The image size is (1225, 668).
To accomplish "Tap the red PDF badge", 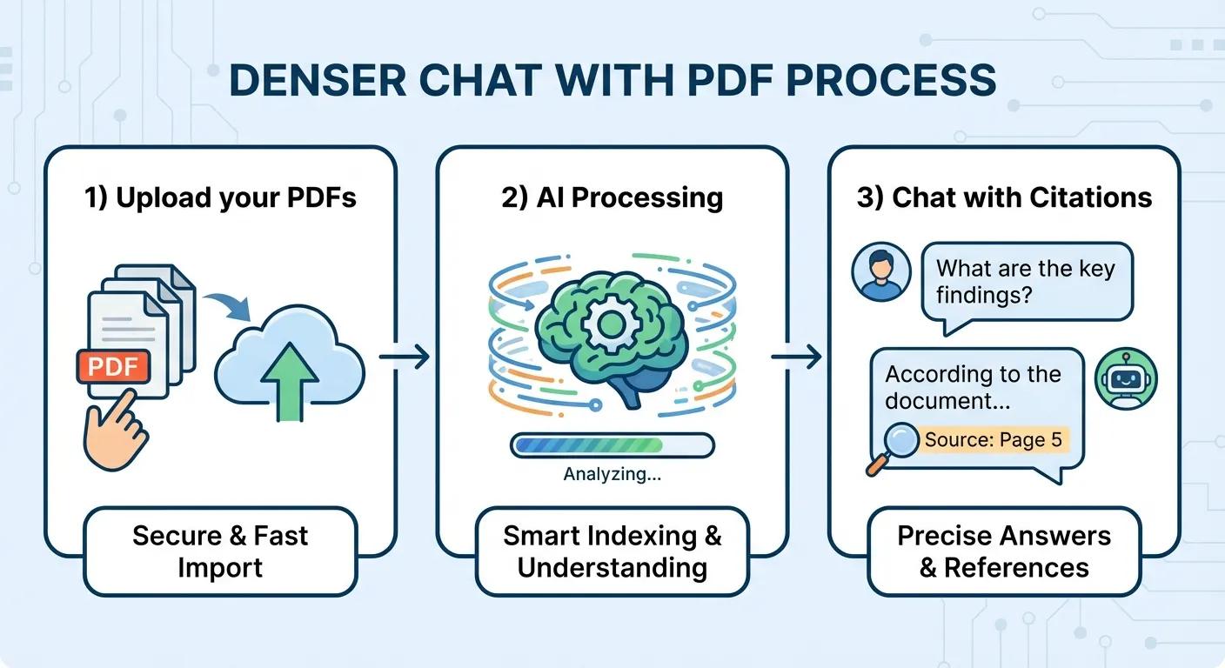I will coord(114,366).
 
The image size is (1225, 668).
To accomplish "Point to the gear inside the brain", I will coord(611,326).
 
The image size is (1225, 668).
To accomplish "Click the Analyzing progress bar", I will coord(612,445).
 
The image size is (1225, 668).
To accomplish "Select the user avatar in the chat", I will coord(881,272).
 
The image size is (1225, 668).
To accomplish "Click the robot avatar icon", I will coord(1127,378).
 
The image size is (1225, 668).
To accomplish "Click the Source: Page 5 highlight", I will coord(993,440).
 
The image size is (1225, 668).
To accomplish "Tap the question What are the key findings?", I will coord(1024,282).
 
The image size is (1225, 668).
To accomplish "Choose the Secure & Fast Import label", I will coord(220,551).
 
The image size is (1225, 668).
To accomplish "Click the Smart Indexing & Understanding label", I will coord(612,551).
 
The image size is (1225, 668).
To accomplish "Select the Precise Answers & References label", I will coord(1004,551).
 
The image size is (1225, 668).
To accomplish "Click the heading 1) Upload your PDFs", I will coord(220,197).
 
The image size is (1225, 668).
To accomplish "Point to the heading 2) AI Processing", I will coord(612,197).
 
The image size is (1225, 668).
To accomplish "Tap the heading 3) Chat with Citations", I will coord(1004,197).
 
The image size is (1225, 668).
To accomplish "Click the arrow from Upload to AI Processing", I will coord(405,356).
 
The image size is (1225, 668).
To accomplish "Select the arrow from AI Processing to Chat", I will coord(796,356).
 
